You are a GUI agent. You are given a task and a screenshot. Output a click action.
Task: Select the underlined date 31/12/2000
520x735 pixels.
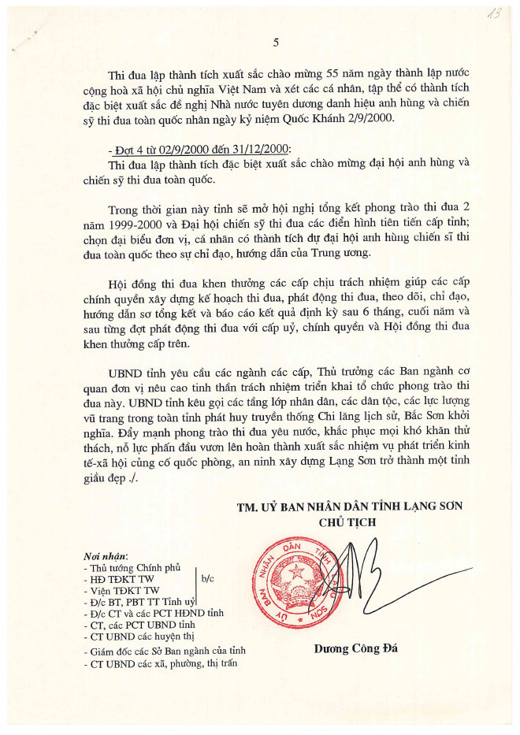(x=257, y=149)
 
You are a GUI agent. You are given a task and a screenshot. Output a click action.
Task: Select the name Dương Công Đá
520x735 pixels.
(x=345, y=649)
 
